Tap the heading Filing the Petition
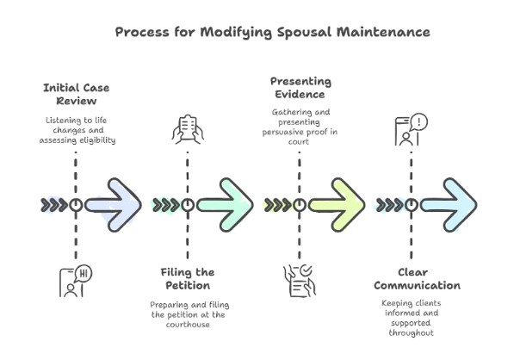187,278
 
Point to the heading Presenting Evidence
300,87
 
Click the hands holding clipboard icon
188,129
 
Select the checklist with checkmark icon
299,281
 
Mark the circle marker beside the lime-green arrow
300,205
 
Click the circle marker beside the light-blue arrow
411,205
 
